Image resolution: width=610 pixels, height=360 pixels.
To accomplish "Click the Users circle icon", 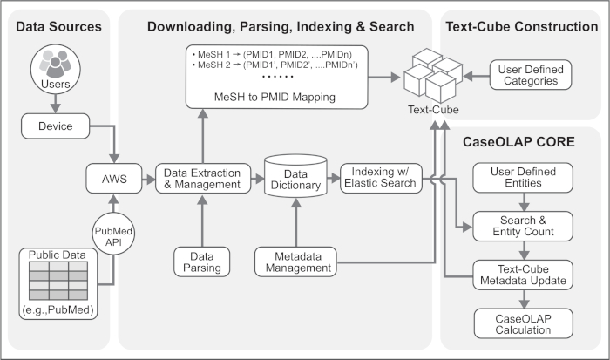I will coord(55,71).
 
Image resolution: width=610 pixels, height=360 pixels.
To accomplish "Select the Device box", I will coord(55,126).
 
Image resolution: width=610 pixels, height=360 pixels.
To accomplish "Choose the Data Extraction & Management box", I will coord(201,180).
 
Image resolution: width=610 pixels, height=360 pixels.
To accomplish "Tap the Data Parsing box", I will coord(201,261).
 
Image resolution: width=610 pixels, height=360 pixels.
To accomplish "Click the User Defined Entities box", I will coord(520,180).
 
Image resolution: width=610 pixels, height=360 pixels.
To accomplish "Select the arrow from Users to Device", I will coord(55,102).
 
